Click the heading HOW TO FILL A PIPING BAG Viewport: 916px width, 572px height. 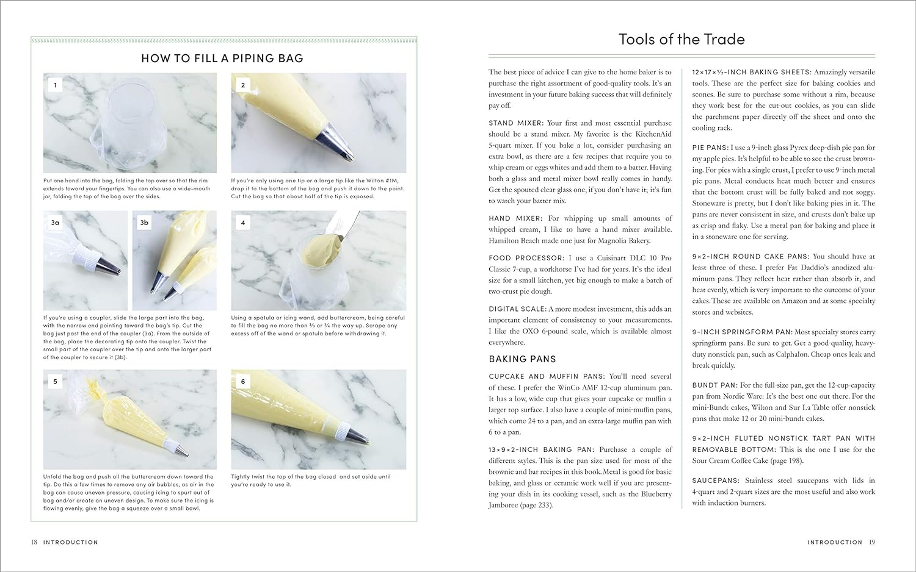pos(222,59)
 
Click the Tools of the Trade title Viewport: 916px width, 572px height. pos(682,40)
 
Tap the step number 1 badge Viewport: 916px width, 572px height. pos(55,85)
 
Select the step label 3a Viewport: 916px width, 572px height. pos(55,223)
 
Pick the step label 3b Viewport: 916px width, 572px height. pos(144,223)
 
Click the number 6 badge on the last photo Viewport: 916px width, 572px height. pos(242,382)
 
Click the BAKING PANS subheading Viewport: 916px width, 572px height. pos(522,359)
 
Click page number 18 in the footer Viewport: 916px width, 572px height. pos(34,542)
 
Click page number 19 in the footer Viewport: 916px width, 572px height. pos(872,542)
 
